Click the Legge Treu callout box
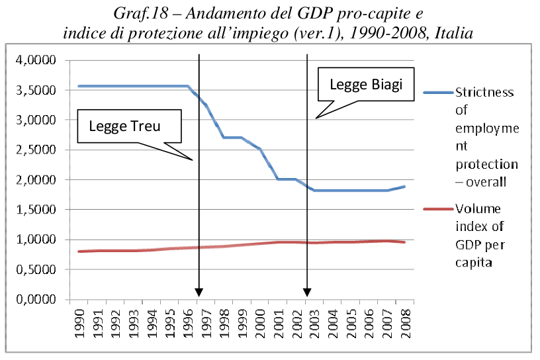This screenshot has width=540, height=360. [129, 125]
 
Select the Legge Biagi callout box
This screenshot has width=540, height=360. [365, 85]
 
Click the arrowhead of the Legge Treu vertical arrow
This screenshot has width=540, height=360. [199, 293]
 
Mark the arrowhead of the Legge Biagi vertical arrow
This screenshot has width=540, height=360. [307, 293]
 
